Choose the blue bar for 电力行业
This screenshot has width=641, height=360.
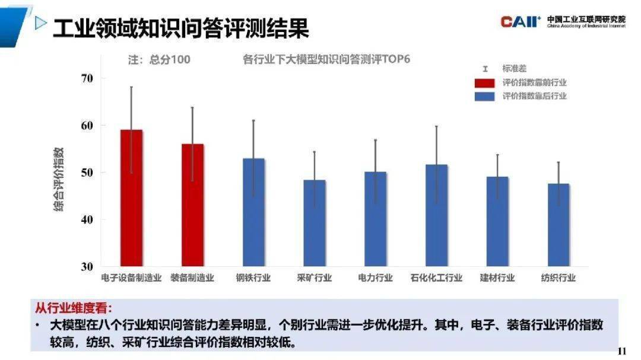(x=375, y=219)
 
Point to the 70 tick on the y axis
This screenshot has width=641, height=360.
(x=88, y=78)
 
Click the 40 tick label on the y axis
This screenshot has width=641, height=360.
(x=88, y=219)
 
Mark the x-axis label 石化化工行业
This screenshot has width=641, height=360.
(x=436, y=278)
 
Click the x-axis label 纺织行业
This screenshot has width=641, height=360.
(x=559, y=278)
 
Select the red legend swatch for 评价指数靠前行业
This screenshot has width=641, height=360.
(x=485, y=83)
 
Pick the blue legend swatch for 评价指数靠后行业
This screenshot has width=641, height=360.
(x=485, y=96)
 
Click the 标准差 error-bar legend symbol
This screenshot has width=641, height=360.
(x=485, y=69)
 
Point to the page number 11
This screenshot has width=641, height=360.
(x=622, y=351)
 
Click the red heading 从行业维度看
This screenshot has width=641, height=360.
(x=73, y=309)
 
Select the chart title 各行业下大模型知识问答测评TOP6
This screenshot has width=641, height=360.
(x=326, y=59)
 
